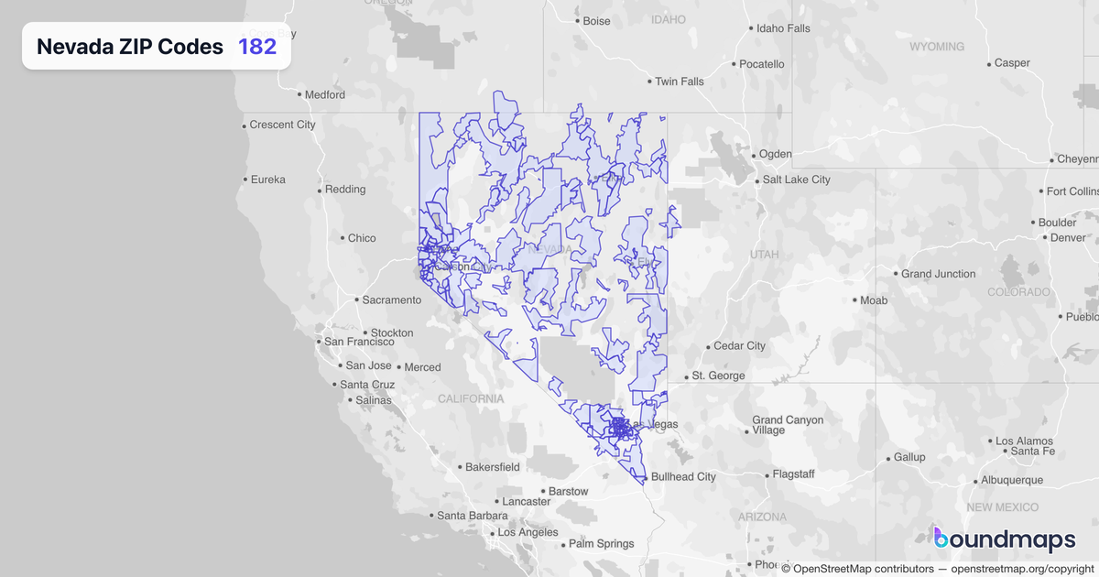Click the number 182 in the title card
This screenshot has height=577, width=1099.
click(257, 47)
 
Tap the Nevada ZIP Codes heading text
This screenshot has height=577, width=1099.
click(130, 47)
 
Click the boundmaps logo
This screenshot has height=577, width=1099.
click(1005, 540)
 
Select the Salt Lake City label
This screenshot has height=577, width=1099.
click(796, 180)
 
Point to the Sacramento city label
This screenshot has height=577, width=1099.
click(391, 299)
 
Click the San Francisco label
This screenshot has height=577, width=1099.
click(359, 342)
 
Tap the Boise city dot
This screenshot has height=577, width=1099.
click(576, 21)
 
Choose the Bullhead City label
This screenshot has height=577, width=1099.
click(682, 477)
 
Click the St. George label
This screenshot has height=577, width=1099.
click(718, 376)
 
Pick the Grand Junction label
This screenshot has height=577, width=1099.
click(938, 274)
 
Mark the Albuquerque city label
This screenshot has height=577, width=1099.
click(1011, 480)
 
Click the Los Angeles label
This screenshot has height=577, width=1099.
click(527, 532)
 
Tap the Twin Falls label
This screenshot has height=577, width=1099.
click(679, 82)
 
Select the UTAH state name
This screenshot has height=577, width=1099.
click(764, 254)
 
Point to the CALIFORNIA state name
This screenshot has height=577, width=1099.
click(471, 398)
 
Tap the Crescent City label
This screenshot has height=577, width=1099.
click(282, 125)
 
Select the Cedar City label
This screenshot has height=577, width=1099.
click(739, 346)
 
